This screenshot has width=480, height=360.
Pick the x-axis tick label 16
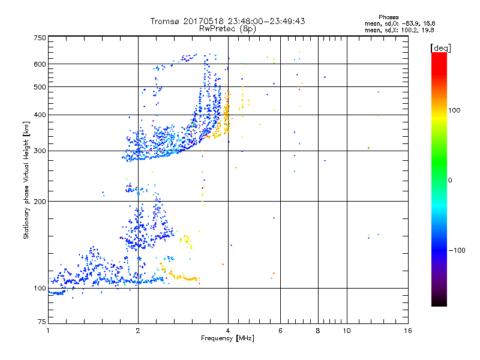pos(408,331)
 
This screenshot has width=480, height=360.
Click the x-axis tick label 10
pos(346,331)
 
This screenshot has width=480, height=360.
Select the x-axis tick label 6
pos(280,331)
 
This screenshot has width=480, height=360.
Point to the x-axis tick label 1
pos(48,331)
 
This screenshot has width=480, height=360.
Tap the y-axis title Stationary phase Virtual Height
pos(26,180)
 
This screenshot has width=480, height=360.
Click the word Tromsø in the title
pos(167,21)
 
